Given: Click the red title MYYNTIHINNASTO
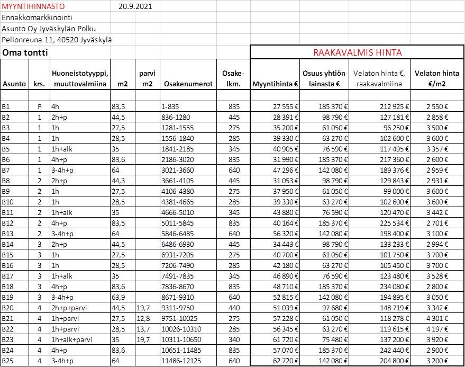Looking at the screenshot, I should [x=33, y=7].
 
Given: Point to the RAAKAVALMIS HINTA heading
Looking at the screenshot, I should [x=357, y=52].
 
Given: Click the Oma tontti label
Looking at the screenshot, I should [x=25, y=52].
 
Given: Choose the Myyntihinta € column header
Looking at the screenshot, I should [x=275, y=84].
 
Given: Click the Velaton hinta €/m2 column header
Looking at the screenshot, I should [x=437, y=78].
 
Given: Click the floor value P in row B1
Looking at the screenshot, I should [x=39, y=106].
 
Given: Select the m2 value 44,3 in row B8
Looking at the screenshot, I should [x=118, y=181].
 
